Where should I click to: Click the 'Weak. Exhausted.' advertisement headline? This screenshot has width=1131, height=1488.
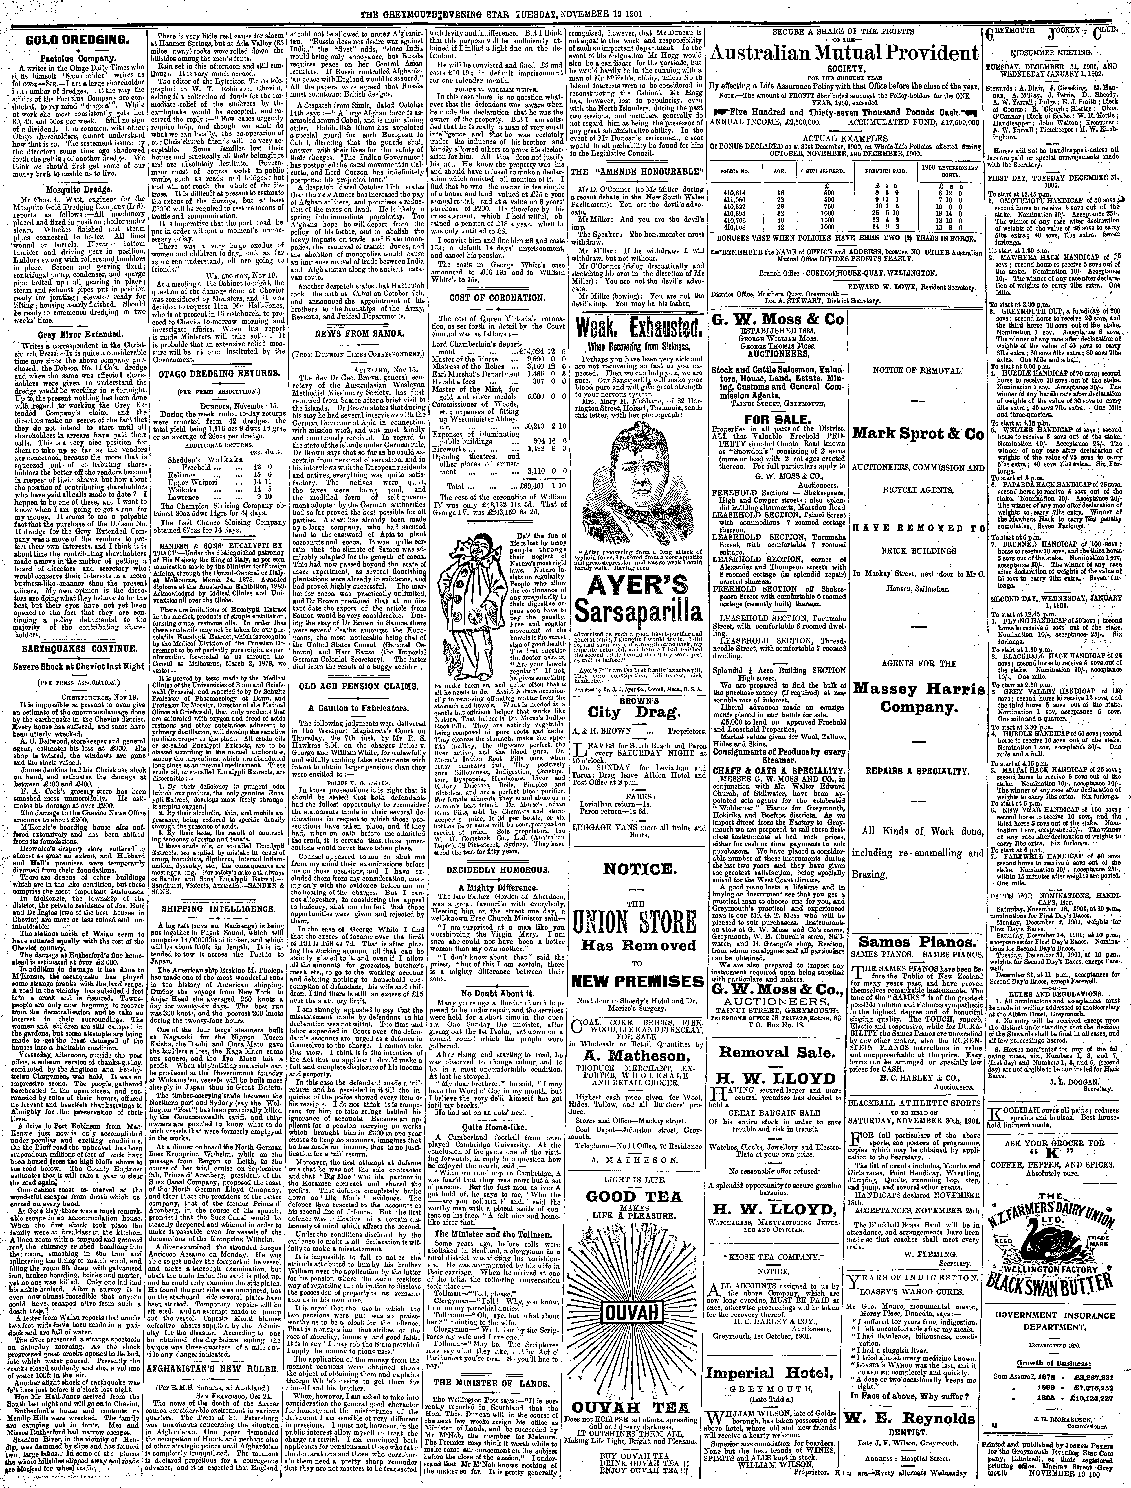[637, 330]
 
